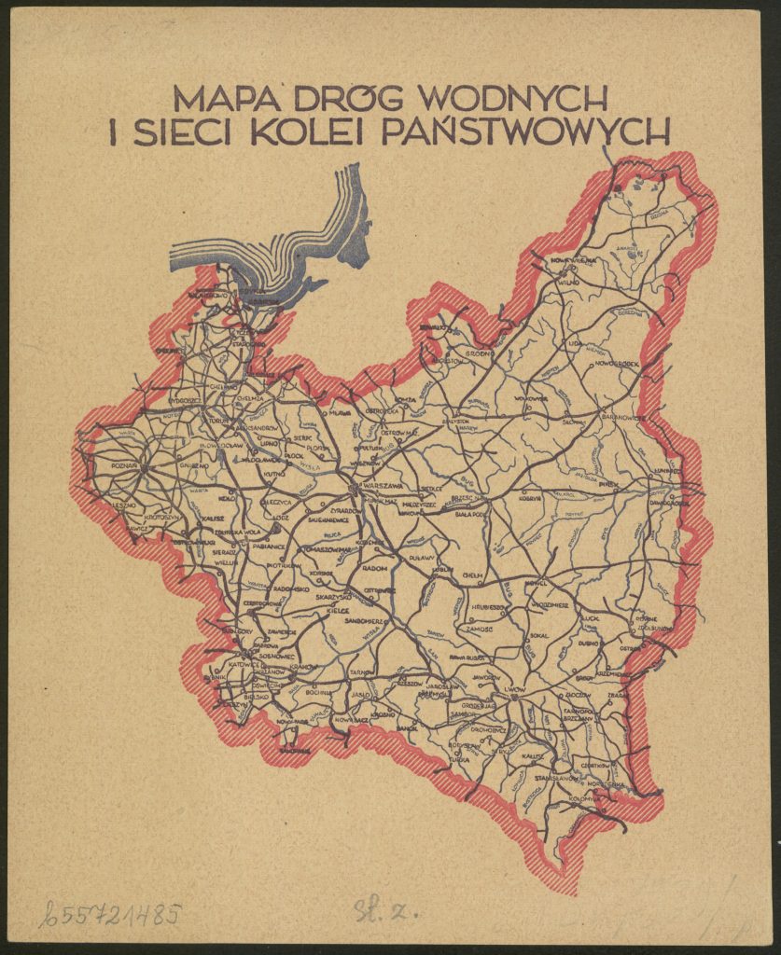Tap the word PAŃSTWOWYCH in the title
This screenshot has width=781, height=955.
[x=527, y=132]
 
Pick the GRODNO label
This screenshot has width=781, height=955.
[x=479, y=353]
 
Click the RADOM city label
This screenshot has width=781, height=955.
[x=374, y=567]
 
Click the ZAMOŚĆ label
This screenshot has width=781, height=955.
[x=474, y=630]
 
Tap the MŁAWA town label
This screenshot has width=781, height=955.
[x=339, y=411]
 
